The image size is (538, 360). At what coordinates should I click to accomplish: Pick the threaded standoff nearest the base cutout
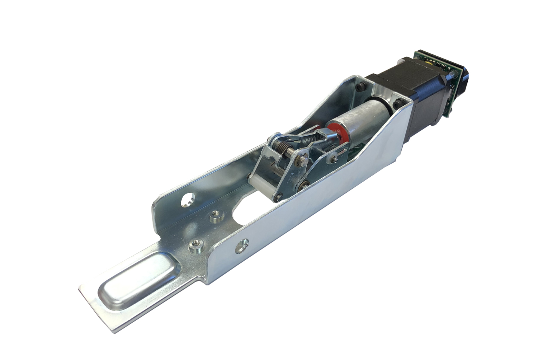[x=216, y=215]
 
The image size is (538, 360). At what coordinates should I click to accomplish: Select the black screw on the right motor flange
[x=398, y=104]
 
